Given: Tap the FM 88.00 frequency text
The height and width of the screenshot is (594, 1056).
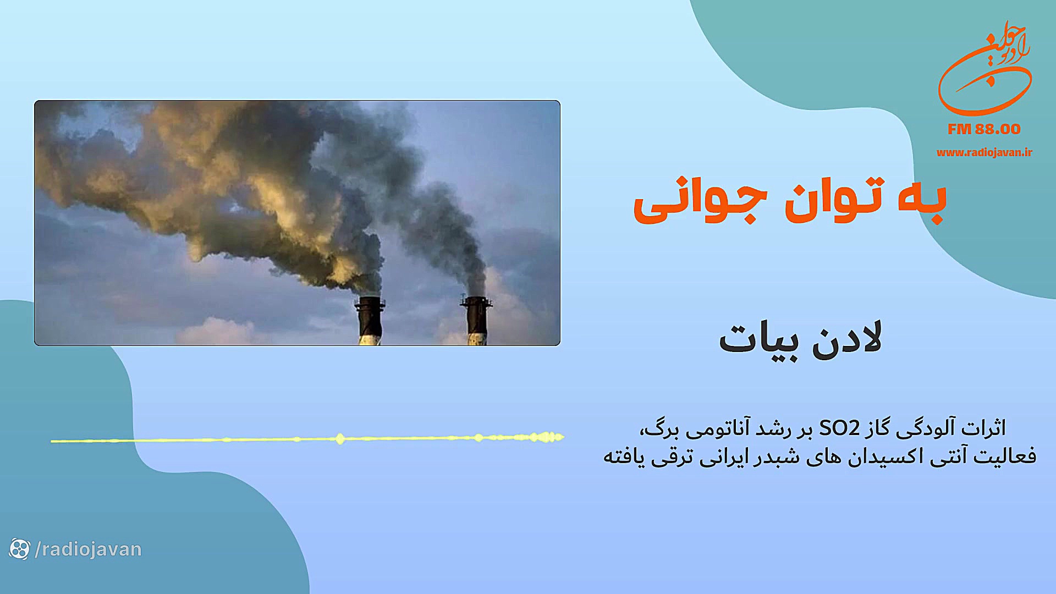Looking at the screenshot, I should tap(984, 129).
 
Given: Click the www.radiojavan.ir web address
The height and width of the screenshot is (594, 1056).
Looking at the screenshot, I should tap(984, 153).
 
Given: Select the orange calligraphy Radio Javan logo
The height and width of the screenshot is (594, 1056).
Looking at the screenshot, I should tap(985, 69).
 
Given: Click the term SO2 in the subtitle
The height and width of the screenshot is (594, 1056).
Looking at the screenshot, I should tap(839, 428).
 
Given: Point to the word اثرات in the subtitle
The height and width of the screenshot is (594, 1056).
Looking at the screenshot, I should tap(985, 428).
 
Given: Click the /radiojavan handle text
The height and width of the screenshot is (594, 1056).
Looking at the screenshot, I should tap(88, 549).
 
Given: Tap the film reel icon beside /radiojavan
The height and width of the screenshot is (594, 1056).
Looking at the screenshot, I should tap(19, 549).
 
